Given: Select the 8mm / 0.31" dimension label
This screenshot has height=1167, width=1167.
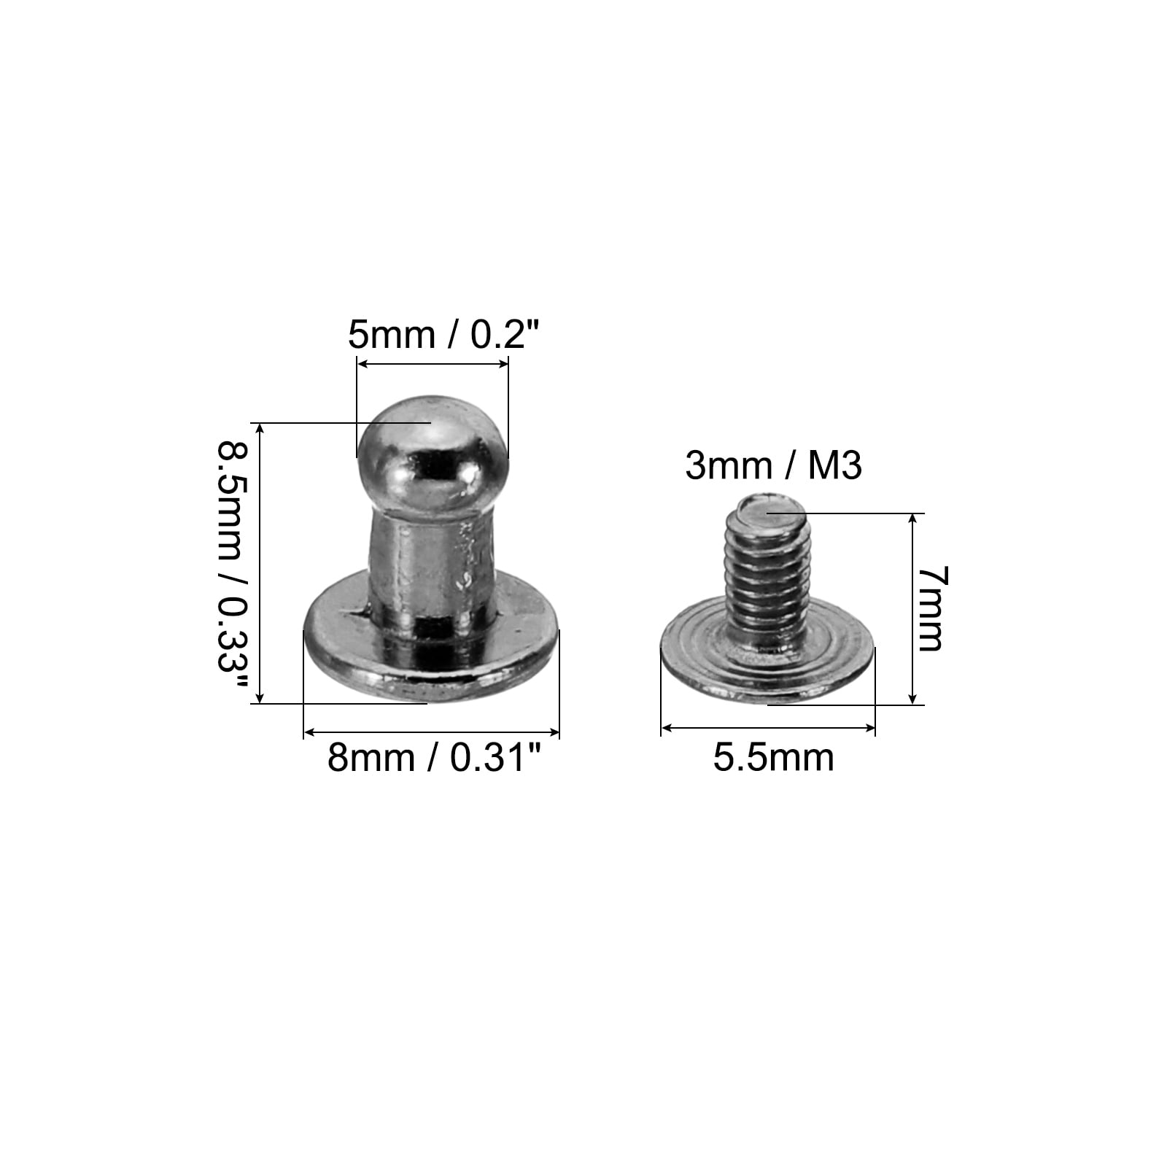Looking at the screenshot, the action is [436, 758].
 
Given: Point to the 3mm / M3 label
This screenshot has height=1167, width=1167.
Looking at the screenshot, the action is [773, 465].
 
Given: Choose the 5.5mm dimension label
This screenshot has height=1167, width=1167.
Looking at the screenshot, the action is [773, 757].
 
